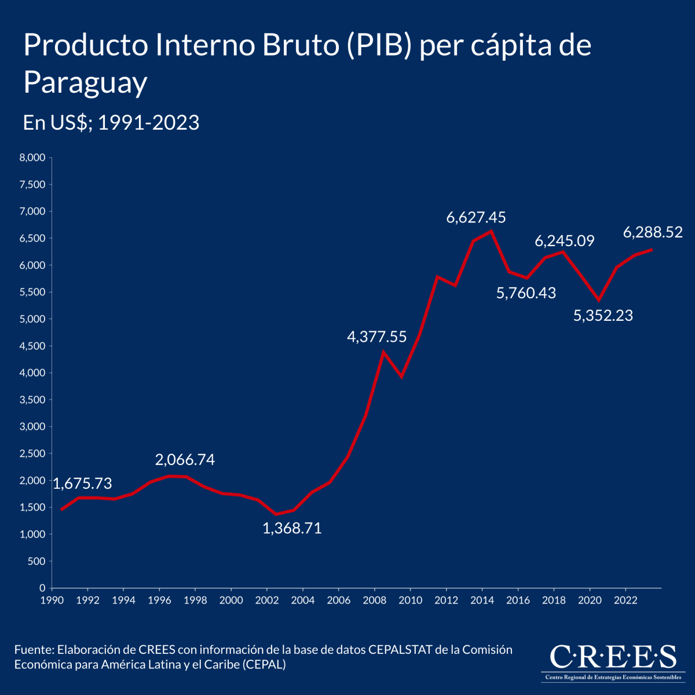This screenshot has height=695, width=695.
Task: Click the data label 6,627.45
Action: (x=475, y=218)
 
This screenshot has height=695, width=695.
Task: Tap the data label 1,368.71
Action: (x=292, y=528)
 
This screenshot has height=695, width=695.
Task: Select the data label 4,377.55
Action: (x=376, y=337)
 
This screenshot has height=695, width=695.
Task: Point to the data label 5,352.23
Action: (x=603, y=316)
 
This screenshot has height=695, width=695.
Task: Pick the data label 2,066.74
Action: (x=185, y=460)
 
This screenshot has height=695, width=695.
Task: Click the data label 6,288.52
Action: (x=653, y=233)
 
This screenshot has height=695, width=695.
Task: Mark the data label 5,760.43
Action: (x=526, y=294)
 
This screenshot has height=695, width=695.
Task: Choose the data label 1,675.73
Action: (x=82, y=484)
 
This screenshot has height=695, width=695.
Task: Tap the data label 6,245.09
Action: (x=564, y=241)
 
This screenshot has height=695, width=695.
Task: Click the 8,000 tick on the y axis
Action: (x=32, y=158)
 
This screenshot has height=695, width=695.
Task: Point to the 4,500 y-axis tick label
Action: (x=32, y=346)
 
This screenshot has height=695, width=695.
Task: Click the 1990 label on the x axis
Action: (x=52, y=600)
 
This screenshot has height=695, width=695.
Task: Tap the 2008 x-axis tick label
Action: (x=374, y=600)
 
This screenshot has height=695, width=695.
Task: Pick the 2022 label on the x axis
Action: (x=625, y=600)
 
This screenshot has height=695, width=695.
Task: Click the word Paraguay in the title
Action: (x=85, y=83)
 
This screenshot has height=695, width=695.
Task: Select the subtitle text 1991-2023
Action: (x=148, y=123)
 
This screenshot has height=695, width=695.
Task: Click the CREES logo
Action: (x=612, y=661)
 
